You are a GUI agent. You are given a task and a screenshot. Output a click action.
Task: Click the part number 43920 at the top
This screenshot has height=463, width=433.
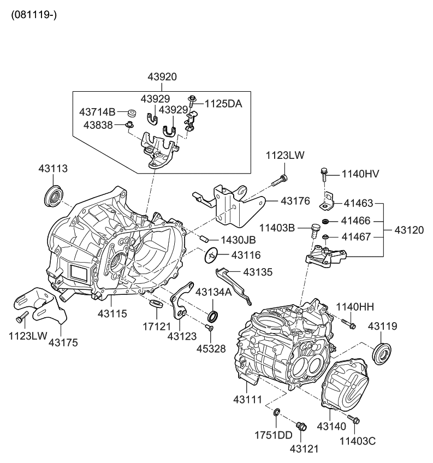[x=162, y=77]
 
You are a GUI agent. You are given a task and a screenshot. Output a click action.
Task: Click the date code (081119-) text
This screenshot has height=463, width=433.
[x=33, y=13]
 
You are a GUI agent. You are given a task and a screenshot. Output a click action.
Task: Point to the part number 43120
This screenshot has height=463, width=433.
[x=408, y=230]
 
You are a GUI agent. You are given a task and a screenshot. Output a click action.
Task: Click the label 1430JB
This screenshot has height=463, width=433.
[x=238, y=240]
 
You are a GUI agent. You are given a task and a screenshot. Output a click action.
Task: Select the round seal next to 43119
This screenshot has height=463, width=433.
[x=382, y=352]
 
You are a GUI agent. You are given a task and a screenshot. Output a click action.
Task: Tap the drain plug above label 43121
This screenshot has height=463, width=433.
[x=300, y=426]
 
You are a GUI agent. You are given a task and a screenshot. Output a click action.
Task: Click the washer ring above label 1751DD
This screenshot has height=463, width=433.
[x=277, y=412]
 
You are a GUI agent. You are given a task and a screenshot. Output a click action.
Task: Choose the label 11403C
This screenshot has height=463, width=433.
[x=358, y=440]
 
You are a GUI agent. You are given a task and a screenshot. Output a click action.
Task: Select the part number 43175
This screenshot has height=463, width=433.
[x=63, y=343]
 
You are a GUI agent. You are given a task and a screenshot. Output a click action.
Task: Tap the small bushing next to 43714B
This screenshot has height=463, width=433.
[x=131, y=114]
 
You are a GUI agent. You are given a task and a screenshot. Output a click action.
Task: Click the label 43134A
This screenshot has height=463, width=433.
[x=213, y=292]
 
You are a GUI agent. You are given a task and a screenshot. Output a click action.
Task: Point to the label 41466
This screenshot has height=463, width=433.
[x=355, y=221]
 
